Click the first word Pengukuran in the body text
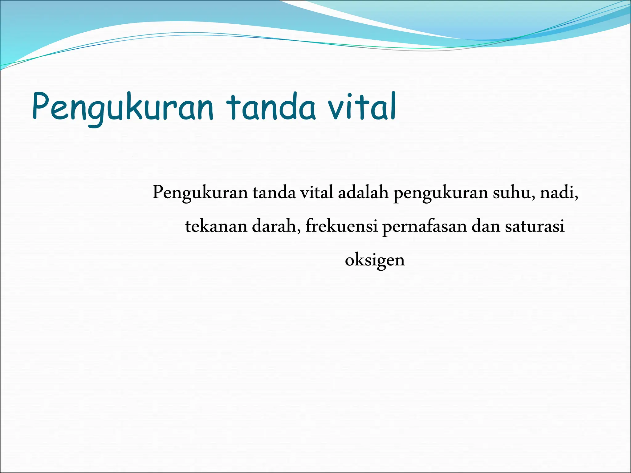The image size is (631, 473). pos(200,193)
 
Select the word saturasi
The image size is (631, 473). pos(535,226)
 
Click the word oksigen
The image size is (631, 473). pos(375,261)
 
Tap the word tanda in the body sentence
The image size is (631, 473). pos(274,193)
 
